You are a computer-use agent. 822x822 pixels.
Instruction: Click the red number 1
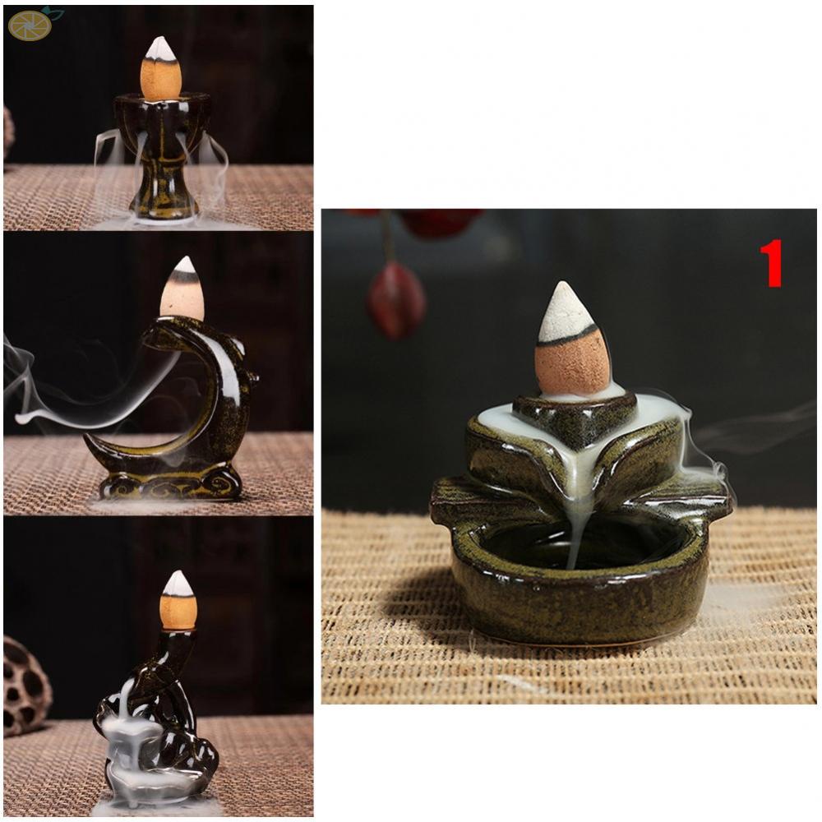click(x=770, y=263)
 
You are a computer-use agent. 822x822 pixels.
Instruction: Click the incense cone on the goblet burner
click(x=160, y=70)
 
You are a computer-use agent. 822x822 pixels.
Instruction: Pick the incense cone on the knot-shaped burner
click(x=178, y=603)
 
